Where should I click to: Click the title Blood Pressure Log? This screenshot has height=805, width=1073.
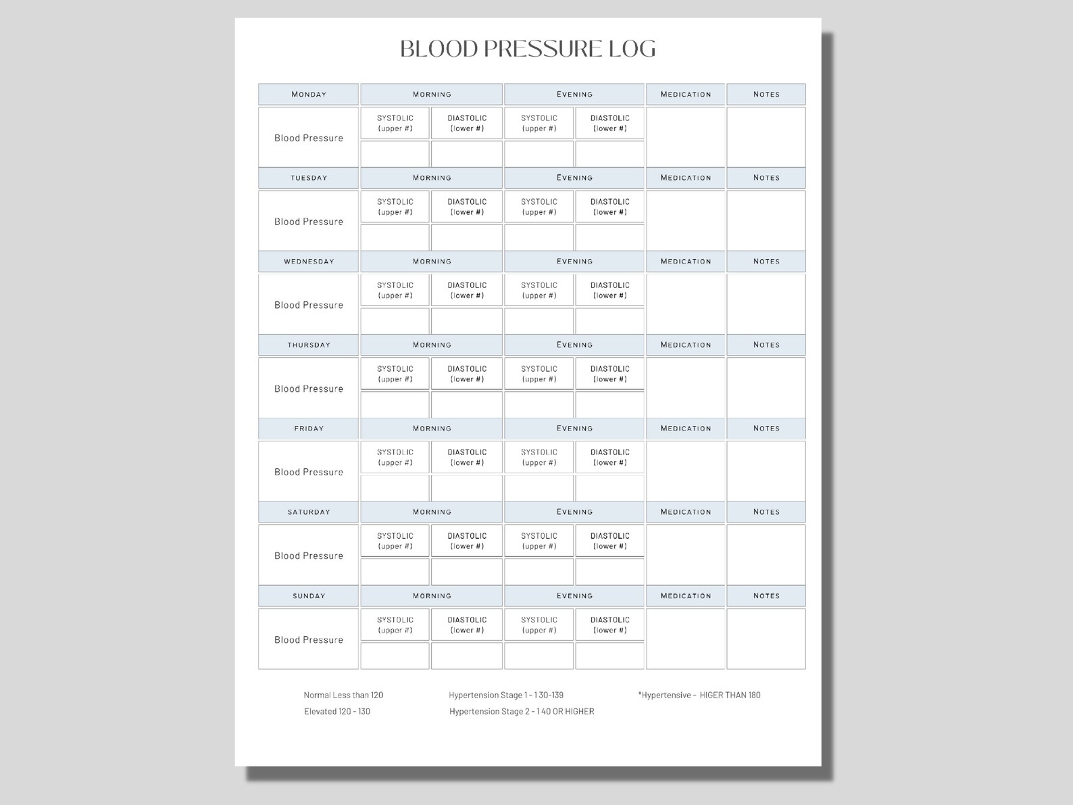tap(528, 49)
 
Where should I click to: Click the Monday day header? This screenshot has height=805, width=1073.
tap(309, 95)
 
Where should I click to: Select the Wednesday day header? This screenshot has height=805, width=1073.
tap(309, 262)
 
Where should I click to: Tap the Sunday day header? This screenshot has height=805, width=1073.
tap(309, 596)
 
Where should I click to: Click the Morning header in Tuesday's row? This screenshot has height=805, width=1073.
tap(432, 178)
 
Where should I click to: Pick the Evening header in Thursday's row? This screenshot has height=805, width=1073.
tap(574, 345)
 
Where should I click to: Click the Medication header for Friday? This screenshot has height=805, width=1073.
tap(685, 429)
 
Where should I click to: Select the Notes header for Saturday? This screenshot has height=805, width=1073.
tap(766, 512)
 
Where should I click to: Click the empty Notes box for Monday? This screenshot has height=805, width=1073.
tap(766, 137)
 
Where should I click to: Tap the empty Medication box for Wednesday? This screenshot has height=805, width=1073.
tap(685, 304)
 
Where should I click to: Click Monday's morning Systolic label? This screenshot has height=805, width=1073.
tap(395, 123)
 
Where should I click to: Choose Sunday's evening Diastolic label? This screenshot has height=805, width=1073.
tap(609, 625)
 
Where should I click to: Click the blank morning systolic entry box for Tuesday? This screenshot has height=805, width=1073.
tap(395, 237)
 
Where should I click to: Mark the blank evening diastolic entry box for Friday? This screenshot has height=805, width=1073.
tap(609, 488)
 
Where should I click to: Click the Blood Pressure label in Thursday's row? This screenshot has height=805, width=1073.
tap(309, 389)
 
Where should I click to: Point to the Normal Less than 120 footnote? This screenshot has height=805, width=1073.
tap(343, 695)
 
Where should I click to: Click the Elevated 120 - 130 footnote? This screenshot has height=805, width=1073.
tap(337, 711)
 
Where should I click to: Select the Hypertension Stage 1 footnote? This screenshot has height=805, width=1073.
tap(506, 695)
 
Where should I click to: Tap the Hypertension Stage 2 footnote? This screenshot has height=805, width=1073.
tap(522, 711)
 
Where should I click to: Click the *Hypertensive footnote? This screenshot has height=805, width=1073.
tap(699, 695)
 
